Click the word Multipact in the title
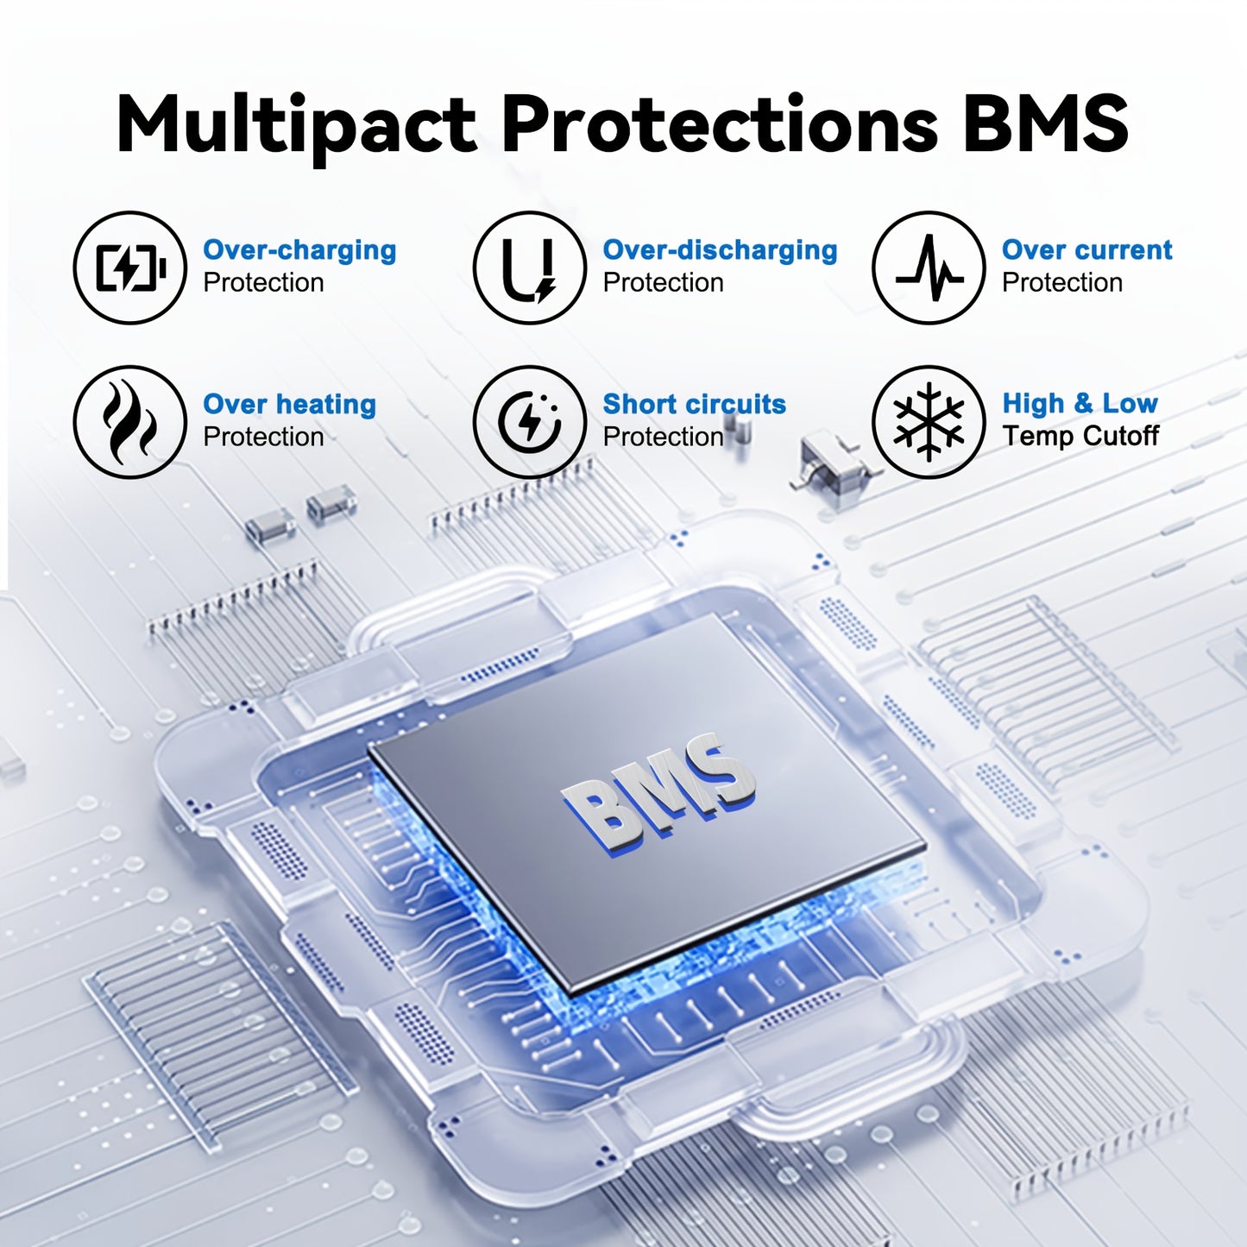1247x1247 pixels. tap(296, 124)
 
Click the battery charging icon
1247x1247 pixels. tap(130, 268)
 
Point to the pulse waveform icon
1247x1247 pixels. tap(929, 268)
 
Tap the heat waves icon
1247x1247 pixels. tap(129, 423)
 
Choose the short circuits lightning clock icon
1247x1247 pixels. tap(529, 422)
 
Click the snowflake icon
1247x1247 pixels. tap(929, 422)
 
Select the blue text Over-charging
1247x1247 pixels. tap(299, 250)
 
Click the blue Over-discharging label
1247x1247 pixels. tap(720, 250)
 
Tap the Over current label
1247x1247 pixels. tap(1087, 249)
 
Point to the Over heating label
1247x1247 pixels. tap(289, 405)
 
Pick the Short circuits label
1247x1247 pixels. tap(695, 404)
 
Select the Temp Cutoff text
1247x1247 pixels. tap(1080, 436)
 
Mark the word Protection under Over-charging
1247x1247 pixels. tap(263, 283)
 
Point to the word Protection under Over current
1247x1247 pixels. tap(1062, 283)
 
